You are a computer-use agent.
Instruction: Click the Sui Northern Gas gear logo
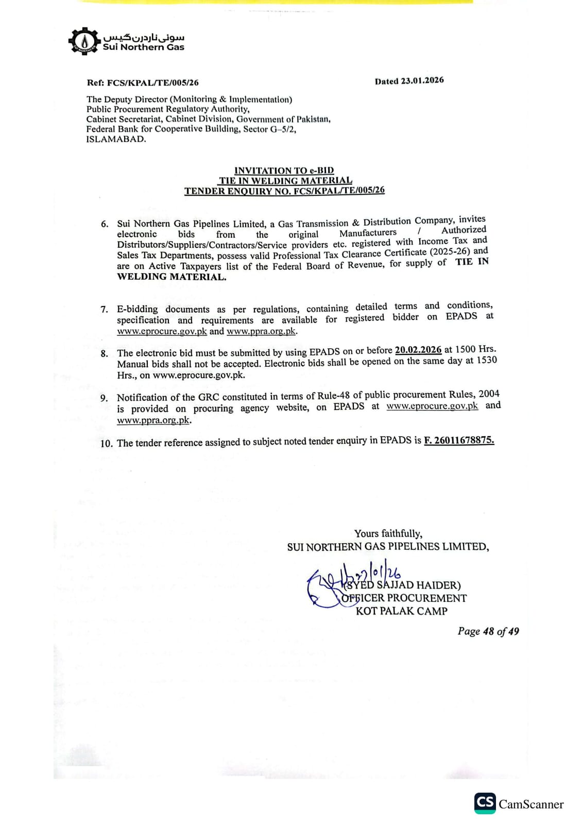pos(84,41)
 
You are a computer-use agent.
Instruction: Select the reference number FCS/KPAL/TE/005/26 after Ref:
pos(152,82)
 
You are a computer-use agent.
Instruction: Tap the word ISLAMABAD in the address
pos(116,139)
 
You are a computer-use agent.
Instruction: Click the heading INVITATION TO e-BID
pos(284,170)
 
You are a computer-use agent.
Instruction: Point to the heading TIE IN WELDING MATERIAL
pos(285,181)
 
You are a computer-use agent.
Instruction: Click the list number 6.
pos(105,224)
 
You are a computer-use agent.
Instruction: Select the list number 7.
pos(104,310)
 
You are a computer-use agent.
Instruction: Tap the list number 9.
pos(104,398)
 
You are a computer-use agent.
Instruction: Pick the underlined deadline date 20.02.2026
pos(418,350)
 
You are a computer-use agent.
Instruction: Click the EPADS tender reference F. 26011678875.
pos(458,440)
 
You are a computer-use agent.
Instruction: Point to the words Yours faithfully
pos(388,533)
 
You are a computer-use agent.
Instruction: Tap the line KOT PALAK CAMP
pos(401,611)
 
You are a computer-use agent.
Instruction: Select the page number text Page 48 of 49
pos(488,631)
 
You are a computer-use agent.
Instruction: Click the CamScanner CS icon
pos(485,803)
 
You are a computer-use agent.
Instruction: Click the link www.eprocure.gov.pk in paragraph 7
pos(162,331)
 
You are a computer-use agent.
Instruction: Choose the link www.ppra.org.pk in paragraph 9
pos(153,420)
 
